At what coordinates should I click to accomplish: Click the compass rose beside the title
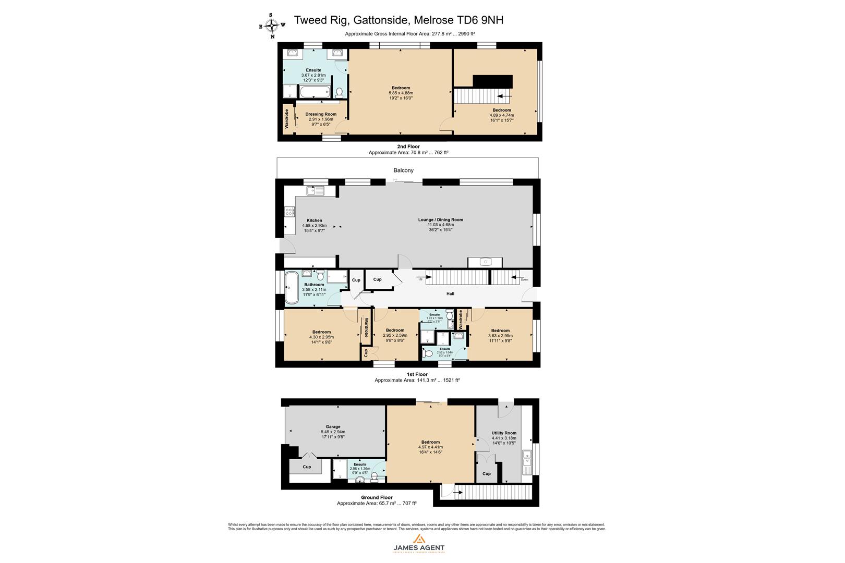tap(272, 25)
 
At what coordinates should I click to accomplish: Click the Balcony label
tap(403, 170)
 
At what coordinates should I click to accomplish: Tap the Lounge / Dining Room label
tap(441, 220)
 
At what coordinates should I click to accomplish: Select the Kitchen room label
tap(314, 221)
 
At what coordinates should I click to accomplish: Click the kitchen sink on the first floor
tap(316, 191)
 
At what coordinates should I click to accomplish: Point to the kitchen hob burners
tap(289, 212)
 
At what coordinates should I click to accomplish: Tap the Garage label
tap(333, 427)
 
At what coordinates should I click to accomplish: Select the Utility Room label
tap(504, 433)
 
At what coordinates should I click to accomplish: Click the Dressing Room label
tap(321, 114)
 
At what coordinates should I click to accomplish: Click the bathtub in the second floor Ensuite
tap(315, 93)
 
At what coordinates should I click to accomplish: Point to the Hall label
tap(450, 294)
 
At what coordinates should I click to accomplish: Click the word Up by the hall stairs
tap(420, 279)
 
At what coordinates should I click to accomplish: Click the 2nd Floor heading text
tap(408, 147)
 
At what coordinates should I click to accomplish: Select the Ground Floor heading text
tap(377, 498)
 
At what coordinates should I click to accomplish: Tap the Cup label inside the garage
tap(307, 467)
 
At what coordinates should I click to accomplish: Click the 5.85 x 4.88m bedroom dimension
tap(401, 93)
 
